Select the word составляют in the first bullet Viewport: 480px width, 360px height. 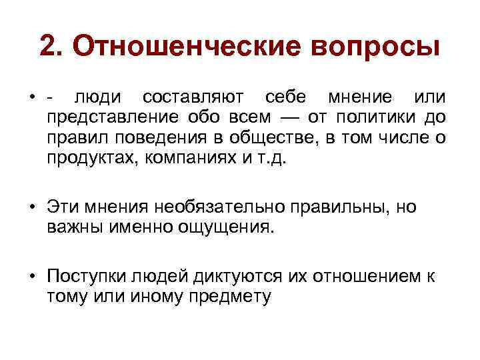pos(191,99)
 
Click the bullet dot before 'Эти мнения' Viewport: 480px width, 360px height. pos(32,207)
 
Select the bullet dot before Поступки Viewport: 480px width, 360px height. pos(32,275)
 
